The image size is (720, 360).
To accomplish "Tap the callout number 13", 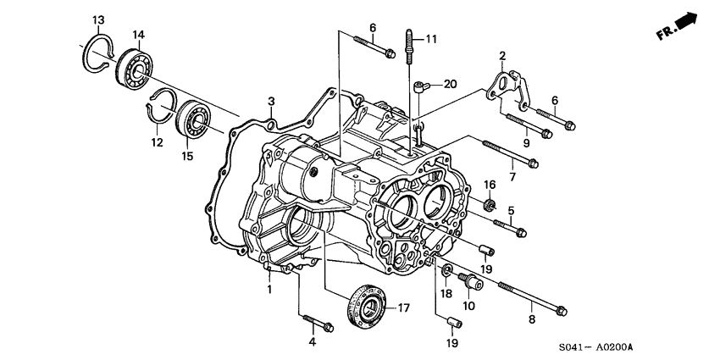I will tap(98, 19).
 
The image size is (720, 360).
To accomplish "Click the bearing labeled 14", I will tap(134, 68).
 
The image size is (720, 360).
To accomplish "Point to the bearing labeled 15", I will tap(194, 119).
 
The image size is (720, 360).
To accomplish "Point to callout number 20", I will tap(450, 84).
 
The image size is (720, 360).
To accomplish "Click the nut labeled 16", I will tap(489, 205).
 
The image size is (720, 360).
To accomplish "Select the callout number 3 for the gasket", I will tap(271, 102).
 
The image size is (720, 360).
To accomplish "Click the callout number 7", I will tap(511, 177).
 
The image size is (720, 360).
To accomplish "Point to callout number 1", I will tap(269, 290).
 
